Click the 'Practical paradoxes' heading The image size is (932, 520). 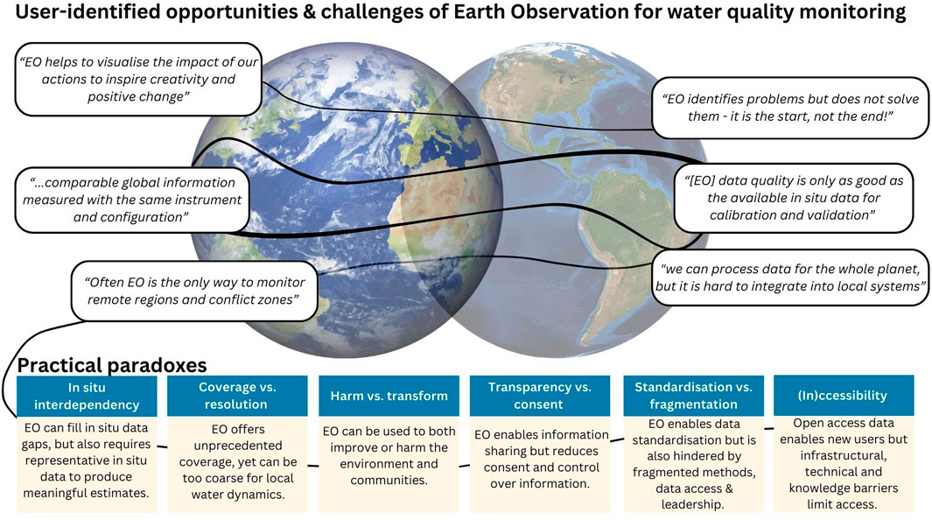(112, 364)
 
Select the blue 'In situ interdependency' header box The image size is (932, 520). (87, 396)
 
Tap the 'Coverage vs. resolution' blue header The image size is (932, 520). (237, 396)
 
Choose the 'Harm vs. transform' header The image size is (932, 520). (389, 396)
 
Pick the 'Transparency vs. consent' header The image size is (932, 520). (540, 396)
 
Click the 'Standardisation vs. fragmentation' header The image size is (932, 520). (693, 396)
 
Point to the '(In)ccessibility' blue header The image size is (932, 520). (844, 395)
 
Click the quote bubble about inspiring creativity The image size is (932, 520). (138, 79)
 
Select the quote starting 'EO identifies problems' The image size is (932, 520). (790, 108)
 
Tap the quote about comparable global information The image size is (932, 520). (132, 200)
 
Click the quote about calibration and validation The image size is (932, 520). (793, 198)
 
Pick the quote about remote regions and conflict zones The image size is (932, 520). (193, 292)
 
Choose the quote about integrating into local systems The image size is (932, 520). (790, 278)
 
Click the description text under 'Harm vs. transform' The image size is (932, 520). (389, 455)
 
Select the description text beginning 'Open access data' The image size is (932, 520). (844, 464)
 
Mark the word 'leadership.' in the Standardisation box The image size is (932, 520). (693, 504)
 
